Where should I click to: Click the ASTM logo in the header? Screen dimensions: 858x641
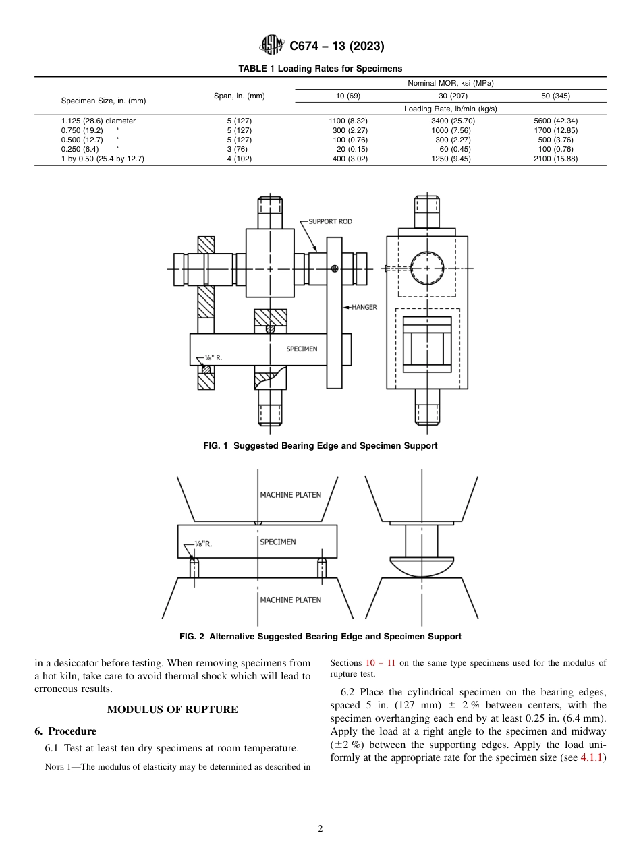click(273, 45)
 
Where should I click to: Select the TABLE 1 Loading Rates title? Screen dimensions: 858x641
click(320, 68)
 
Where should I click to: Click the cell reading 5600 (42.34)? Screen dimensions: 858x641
click(555, 121)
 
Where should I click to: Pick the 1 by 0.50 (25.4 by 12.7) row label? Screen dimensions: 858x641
click(103, 159)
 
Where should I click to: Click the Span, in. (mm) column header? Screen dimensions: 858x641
click(239, 96)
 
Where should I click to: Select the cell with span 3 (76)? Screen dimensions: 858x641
click(239, 149)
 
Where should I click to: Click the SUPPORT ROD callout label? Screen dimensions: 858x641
click(330, 221)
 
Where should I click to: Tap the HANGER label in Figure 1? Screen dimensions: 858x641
click(364, 307)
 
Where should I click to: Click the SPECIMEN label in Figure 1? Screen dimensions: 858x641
click(302, 349)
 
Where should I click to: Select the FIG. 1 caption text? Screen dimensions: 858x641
click(320, 446)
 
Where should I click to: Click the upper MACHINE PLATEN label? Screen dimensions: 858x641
click(290, 494)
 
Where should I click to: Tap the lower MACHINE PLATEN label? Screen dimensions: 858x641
click(290, 600)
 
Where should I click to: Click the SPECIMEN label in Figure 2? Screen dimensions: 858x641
click(277, 542)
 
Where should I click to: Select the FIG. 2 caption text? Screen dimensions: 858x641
click(320, 636)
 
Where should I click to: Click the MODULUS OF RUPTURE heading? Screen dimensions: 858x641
click(172, 710)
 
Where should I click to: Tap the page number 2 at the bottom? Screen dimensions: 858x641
click(320, 829)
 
